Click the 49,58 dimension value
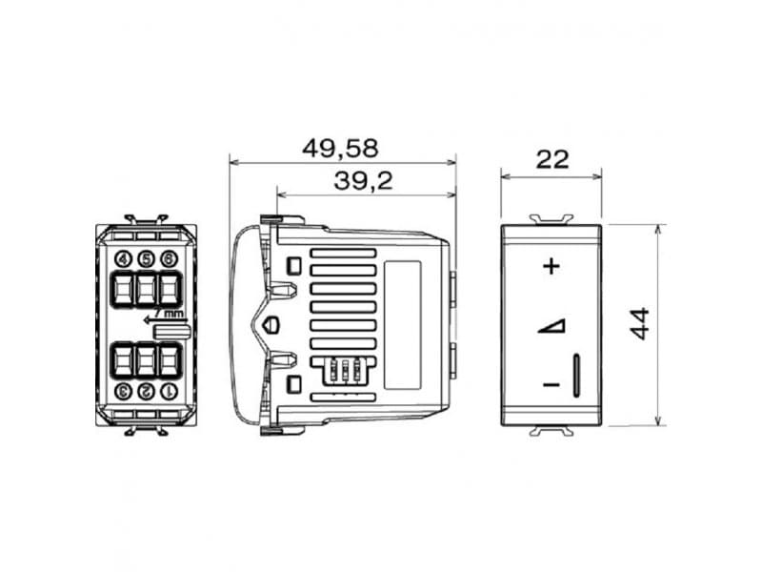point(340,149)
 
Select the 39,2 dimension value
point(364,181)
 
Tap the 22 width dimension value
point(551,159)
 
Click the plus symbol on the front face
point(551,266)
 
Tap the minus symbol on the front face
point(551,384)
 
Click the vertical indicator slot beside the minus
point(577,374)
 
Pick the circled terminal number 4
point(123,258)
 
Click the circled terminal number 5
point(146,258)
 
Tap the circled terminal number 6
point(169,258)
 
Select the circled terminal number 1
point(169,391)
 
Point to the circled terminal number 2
point(146,391)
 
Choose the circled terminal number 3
point(123,391)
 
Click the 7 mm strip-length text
point(169,313)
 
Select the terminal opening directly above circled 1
point(169,359)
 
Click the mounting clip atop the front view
point(551,218)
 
